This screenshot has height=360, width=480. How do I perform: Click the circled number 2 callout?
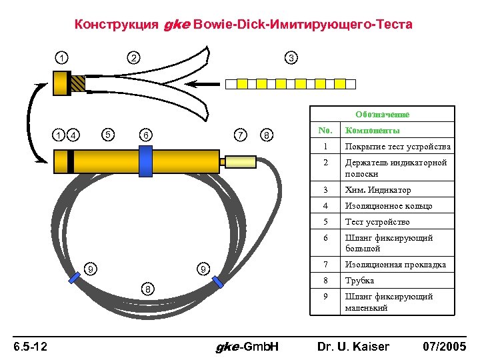coord(133,58)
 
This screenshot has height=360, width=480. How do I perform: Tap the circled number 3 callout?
coord(291,58)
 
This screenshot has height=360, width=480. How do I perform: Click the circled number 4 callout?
coord(74,135)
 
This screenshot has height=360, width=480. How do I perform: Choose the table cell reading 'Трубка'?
coord(359,281)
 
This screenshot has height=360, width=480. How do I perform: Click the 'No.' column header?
coord(325,131)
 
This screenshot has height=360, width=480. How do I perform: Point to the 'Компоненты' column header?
coord(373,131)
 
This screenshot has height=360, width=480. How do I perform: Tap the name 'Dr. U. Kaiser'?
coord(353,347)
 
